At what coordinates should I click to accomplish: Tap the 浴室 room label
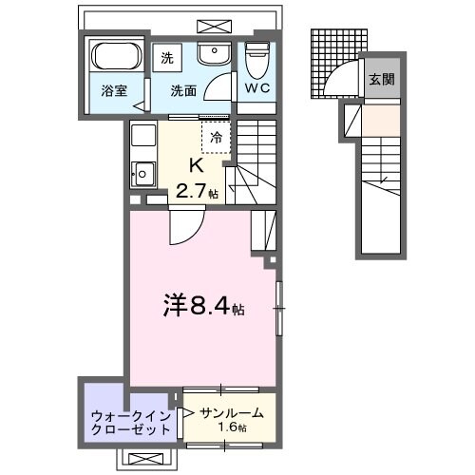tap(115, 91)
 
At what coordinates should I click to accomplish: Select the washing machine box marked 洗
tap(168, 56)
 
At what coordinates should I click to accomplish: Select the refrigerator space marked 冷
tap(215, 137)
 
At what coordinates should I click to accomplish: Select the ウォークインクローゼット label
tap(131, 421)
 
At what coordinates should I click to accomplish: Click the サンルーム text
tap(231, 414)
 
